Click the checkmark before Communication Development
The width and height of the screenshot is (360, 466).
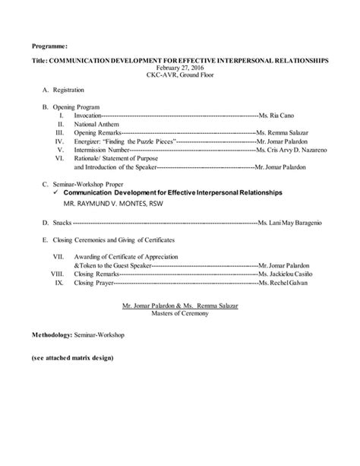(58, 192)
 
